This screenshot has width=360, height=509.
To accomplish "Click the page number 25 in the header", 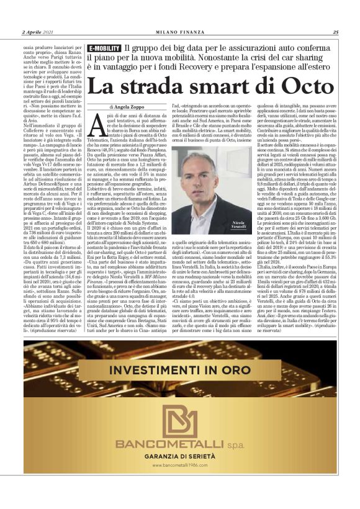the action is [335, 32].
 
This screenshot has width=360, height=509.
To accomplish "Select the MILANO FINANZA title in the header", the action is [179, 32].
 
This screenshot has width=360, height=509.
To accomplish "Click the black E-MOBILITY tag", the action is [104, 48].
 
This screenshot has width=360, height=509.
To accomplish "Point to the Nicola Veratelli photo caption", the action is [240, 227].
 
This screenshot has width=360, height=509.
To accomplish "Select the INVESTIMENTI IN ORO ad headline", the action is [180, 371].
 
